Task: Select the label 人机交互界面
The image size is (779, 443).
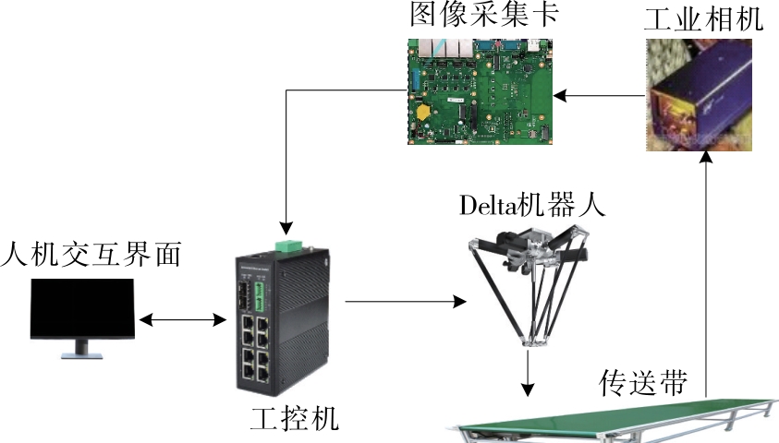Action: (91, 253)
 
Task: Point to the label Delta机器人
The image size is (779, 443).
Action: (531, 204)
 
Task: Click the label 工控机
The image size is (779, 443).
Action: (294, 420)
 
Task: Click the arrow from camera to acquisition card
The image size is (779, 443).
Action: (601, 94)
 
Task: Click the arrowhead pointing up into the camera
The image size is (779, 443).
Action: (707, 160)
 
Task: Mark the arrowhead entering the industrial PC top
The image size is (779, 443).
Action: (287, 226)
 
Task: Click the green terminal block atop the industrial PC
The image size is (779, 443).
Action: (287, 245)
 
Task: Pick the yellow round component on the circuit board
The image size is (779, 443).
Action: (423, 113)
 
